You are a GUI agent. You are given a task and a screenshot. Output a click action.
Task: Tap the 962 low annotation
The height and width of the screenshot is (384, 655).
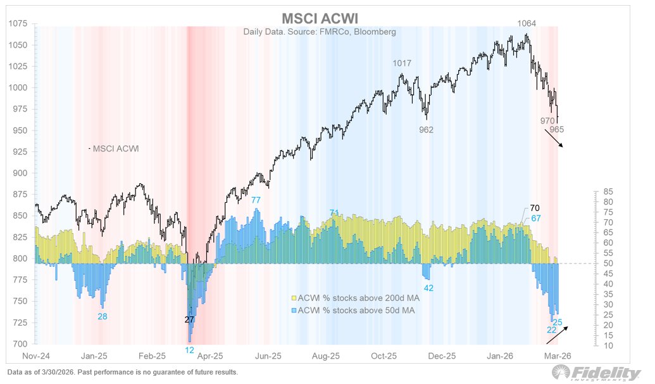tap(427, 129)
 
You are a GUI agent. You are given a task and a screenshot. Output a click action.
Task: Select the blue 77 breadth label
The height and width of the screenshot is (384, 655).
tap(256, 200)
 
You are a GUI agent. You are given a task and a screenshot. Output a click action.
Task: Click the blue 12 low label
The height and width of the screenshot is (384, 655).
tap(189, 350)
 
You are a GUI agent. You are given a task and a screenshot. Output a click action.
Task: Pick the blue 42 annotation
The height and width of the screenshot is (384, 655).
tap(429, 288)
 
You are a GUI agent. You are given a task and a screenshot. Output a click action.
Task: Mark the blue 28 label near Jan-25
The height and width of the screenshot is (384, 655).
tap(102, 316)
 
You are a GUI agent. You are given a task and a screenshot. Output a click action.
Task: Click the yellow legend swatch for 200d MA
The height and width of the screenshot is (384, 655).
tap(294, 298)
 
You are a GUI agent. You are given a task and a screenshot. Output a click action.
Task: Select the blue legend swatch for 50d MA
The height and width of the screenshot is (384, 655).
tap(294, 310)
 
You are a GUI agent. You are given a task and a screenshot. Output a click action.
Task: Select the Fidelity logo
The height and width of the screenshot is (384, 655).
tap(604, 373)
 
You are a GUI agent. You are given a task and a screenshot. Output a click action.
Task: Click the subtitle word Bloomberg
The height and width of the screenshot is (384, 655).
tap(374, 32)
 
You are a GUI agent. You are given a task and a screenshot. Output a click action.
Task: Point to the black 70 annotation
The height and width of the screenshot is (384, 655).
tap(535, 207)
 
